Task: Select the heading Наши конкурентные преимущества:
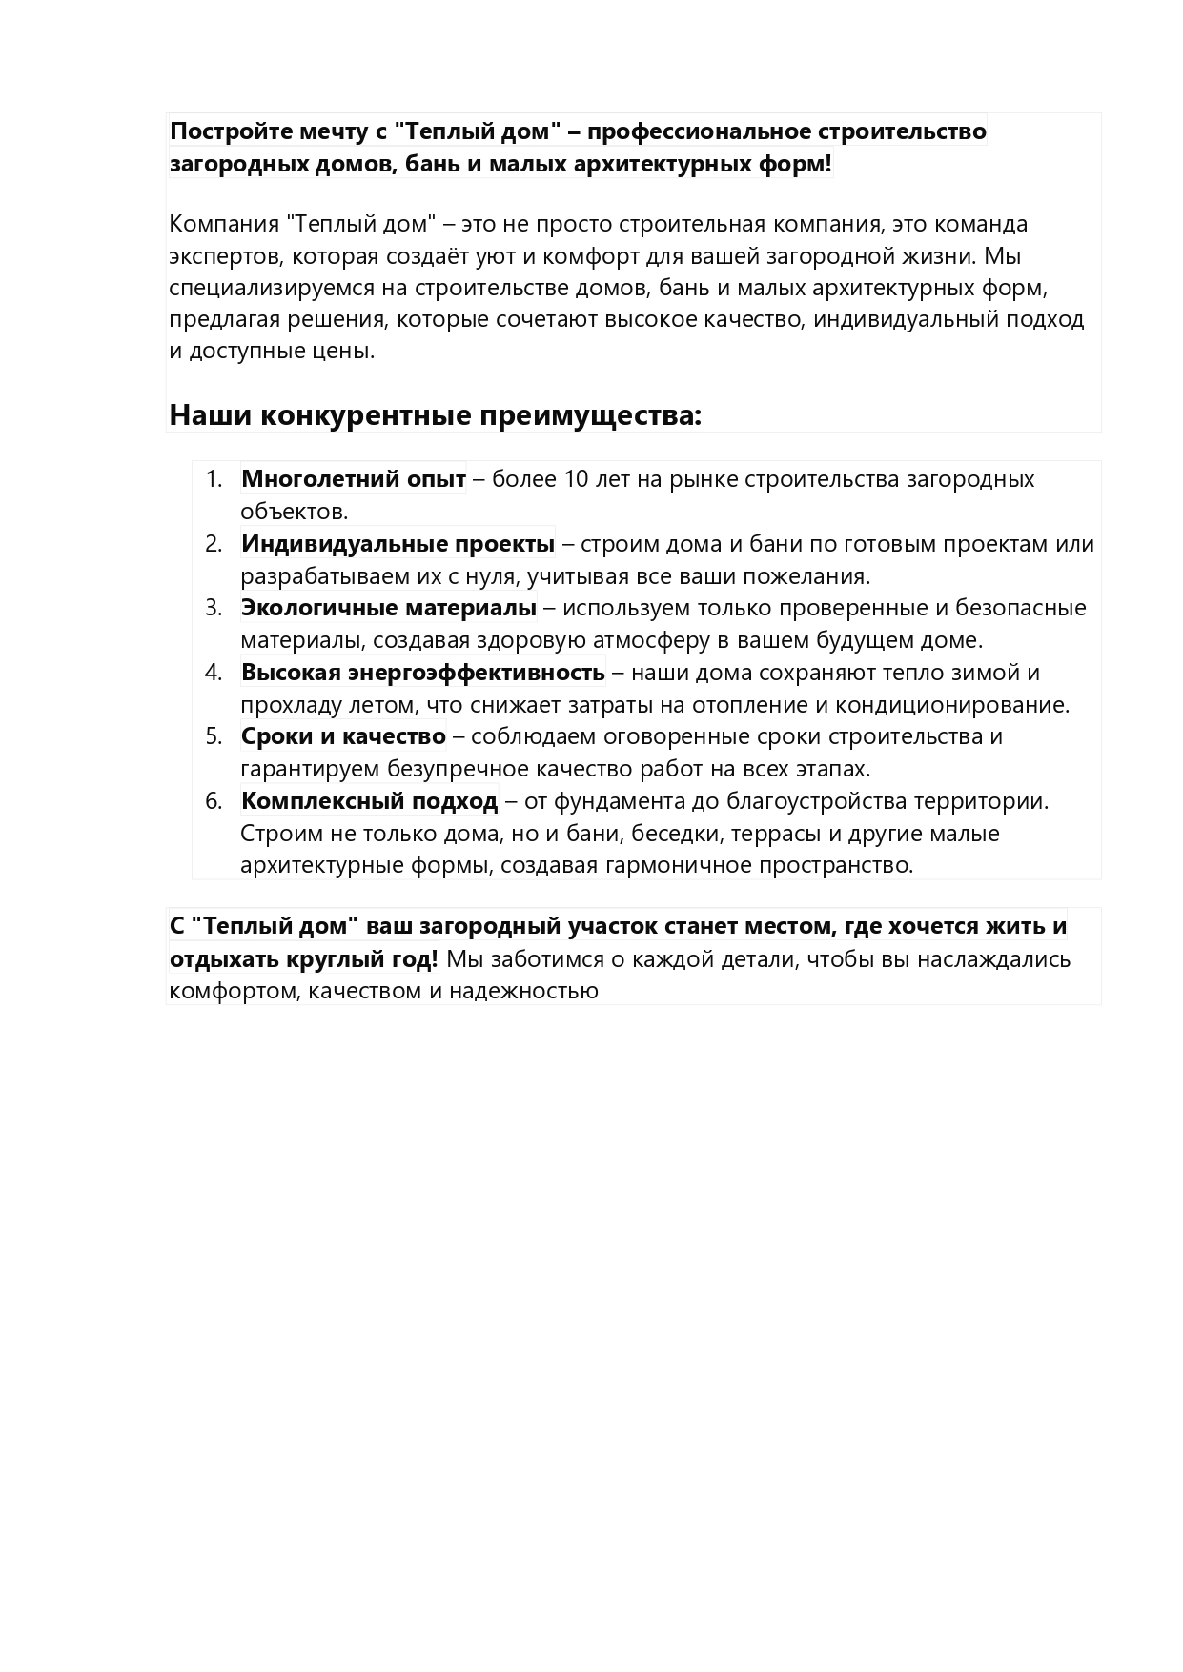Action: [x=435, y=416]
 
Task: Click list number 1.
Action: [x=214, y=479]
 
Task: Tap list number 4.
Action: [x=214, y=673]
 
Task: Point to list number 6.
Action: [x=214, y=801]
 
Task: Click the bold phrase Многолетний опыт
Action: [x=353, y=479]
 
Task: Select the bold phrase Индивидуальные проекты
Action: [x=398, y=544]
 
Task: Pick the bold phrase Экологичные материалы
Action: [x=388, y=608]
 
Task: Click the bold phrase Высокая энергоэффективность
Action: [x=422, y=673]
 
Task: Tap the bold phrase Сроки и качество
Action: [x=343, y=736]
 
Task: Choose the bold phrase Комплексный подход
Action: [x=369, y=801]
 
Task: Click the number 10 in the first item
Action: [x=576, y=479]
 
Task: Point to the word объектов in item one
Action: [x=294, y=512]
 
